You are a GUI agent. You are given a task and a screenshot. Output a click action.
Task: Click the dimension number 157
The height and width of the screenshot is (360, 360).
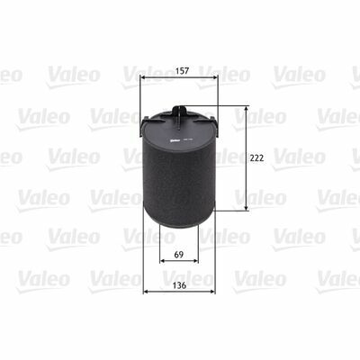point(182,71)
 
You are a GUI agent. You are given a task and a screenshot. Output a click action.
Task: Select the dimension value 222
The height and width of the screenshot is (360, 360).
point(256,157)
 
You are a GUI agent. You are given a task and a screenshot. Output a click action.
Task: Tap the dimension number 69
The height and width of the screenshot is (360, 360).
point(179,255)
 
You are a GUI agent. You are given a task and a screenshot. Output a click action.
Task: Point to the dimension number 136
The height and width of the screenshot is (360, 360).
point(179,285)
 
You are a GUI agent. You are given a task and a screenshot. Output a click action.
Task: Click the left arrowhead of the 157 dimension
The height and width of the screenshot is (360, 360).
point(143,77)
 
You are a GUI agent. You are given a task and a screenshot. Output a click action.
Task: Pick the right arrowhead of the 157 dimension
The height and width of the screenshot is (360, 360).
point(215,77)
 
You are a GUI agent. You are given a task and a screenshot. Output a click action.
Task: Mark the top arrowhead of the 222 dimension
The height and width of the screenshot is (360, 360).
point(247,109)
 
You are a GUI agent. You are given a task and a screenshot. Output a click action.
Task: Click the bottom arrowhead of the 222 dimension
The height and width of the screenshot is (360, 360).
point(247,208)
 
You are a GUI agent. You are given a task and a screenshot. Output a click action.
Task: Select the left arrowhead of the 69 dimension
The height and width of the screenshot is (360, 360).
point(162,261)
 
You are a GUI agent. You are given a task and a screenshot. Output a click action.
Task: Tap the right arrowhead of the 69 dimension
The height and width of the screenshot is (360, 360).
point(195,261)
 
